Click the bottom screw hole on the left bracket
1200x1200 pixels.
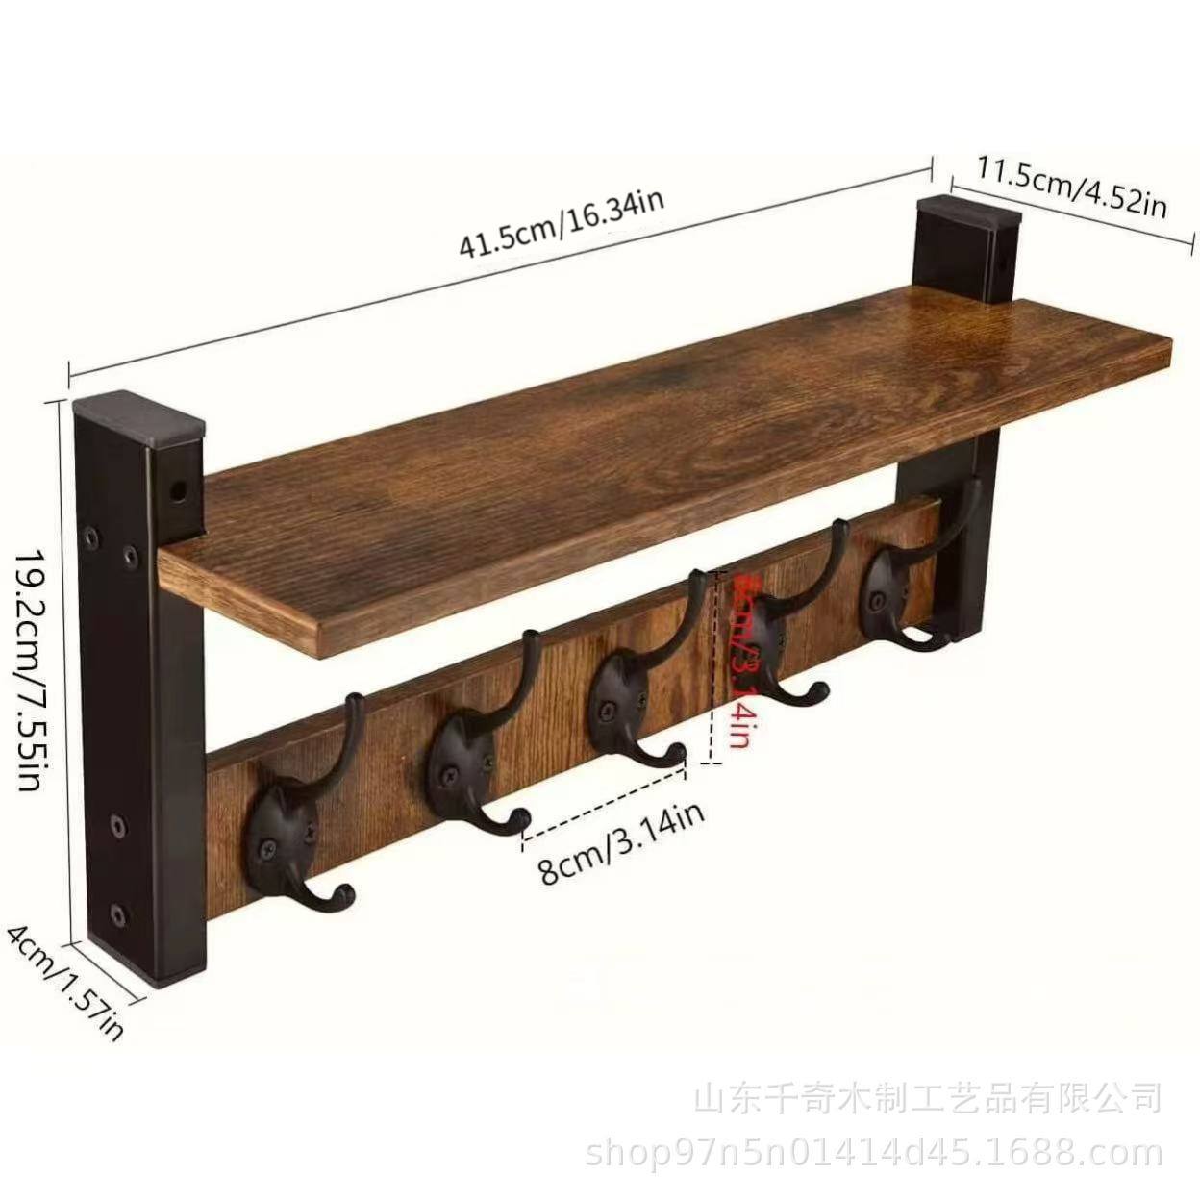pyautogui.click(x=118, y=912)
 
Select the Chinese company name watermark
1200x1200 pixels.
pyautogui.click(x=927, y=1098)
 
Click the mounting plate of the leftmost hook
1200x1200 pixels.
pyautogui.click(x=282, y=826)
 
